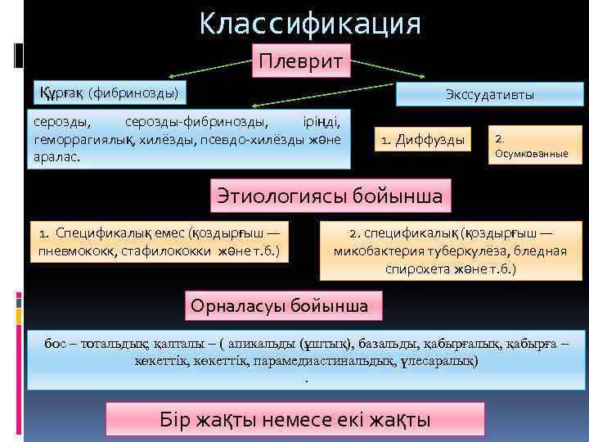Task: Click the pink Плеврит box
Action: click(301, 61)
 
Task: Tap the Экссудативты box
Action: click(490, 95)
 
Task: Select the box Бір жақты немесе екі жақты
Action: click(295, 420)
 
